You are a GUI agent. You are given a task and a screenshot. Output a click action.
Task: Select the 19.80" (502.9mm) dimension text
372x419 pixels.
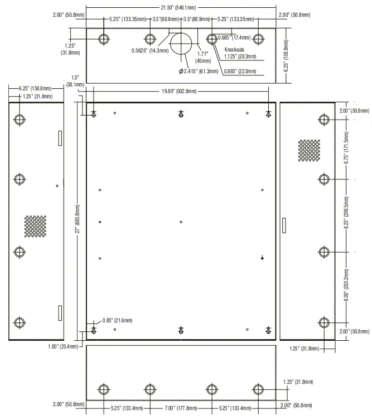(181, 91)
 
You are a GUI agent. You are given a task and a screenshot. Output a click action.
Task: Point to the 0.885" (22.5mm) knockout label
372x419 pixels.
(240, 72)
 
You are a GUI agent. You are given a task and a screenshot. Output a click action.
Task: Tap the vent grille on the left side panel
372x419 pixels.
(35, 226)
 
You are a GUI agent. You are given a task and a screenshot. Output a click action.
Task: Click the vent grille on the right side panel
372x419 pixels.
(309, 150)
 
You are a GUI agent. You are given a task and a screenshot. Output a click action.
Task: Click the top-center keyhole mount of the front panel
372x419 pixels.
(181, 114)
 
